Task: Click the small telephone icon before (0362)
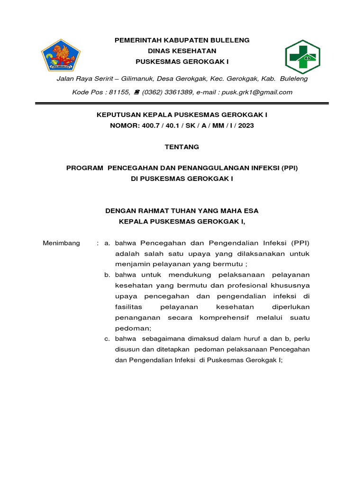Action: click(x=136, y=92)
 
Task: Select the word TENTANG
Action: click(x=182, y=147)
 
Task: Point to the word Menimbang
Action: click(x=62, y=243)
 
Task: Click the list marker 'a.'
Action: click(x=107, y=243)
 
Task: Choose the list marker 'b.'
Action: click(x=107, y=275)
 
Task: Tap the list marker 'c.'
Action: click(x=107, y=339)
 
